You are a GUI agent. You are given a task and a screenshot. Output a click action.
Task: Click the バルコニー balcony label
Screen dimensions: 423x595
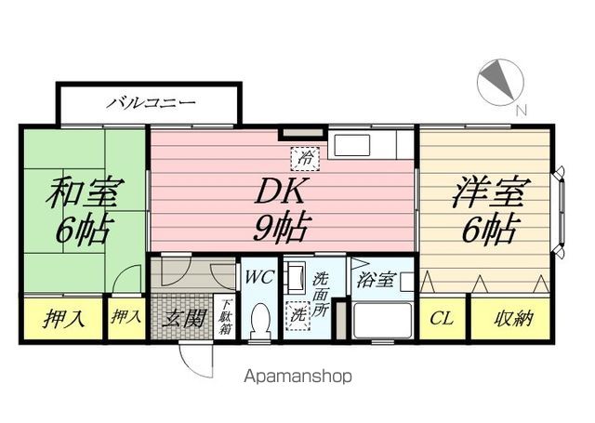pos(150,100)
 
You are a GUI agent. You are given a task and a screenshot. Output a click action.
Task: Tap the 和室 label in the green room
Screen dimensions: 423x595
pos(84,193)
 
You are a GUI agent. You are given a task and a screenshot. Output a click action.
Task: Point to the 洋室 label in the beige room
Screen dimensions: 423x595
pos(488,192)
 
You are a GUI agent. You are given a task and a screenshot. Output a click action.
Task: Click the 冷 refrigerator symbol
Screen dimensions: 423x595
pos(304,159)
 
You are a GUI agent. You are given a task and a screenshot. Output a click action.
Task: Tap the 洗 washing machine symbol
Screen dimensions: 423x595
pos(299,314)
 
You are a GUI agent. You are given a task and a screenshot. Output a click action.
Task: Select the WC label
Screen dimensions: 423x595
pos(259,276)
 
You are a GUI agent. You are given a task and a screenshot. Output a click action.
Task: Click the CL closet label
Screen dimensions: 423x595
pos(442,319)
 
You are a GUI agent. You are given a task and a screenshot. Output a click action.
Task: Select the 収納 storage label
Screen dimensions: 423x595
pos(512,319)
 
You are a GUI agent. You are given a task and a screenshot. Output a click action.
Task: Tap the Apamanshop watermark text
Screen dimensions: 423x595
pos(297,377)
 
